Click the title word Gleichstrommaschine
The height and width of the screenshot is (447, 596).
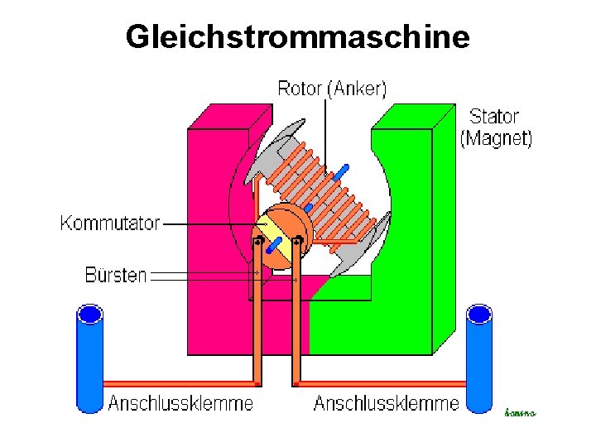click(297, 36)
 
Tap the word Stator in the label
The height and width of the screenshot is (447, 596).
click(494, 117)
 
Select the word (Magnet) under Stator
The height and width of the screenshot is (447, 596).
click(496, 138)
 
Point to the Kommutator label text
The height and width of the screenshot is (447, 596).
click(110, 223)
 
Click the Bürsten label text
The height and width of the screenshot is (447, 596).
click(116, 275)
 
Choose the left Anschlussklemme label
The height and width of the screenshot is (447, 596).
click(180, 404)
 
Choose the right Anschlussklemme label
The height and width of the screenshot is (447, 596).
click(386, 404)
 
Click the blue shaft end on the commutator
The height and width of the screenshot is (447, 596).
click(275, 246)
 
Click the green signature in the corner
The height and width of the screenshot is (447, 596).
click(520, 412)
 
